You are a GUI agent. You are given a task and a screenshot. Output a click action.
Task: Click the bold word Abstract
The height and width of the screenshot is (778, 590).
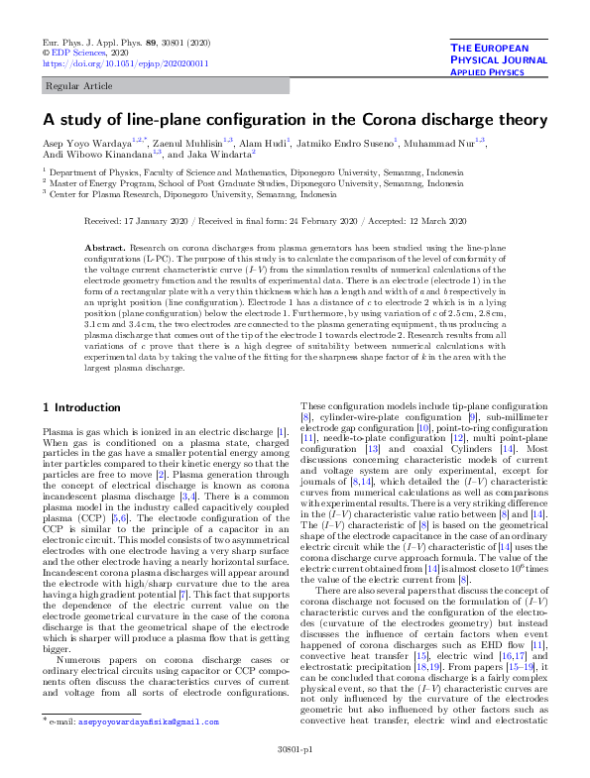coord(134,246)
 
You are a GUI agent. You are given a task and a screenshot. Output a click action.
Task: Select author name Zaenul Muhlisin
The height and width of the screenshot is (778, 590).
coord(188,143)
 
